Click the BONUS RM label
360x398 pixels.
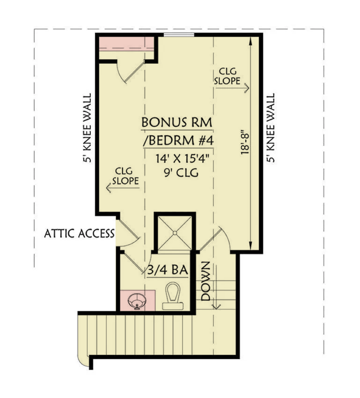177,122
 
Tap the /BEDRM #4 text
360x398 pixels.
178,141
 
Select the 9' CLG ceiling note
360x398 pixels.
181,173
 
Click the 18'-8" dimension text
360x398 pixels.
245,142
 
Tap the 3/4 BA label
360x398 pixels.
167,270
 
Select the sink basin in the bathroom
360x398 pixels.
137,301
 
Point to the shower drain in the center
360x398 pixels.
175,232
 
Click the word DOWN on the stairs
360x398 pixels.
205,281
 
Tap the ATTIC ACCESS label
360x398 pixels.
79,234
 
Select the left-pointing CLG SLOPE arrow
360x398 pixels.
123,188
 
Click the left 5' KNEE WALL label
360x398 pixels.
87,128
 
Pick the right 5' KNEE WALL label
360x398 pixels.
270,128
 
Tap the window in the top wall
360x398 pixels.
179,35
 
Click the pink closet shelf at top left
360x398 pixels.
126,44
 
